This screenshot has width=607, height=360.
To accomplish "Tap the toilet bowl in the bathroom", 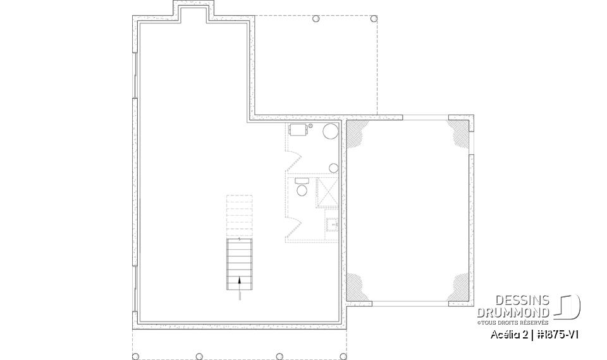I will pyautogui.click(x=302, y=190).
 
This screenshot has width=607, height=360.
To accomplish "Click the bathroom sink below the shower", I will pyautogui.click(x=333, y=225).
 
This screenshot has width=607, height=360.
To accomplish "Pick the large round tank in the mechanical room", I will pyautogui.click(x=331, y=132).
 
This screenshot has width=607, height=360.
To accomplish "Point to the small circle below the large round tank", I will pyautogui.click(x=333, y=168).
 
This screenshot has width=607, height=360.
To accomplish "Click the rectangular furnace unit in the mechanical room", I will pyautogui.click(x=298, y=130).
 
